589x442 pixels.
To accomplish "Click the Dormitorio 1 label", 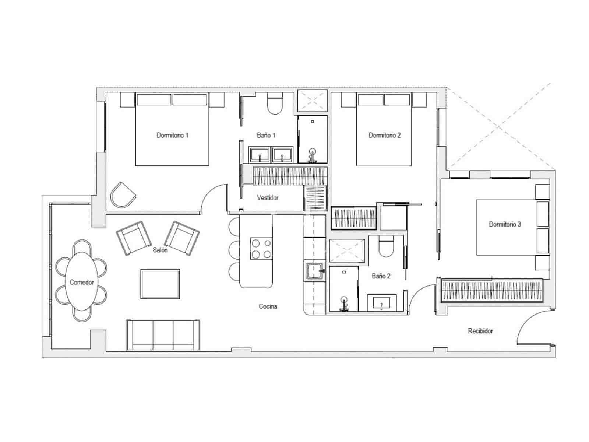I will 172,135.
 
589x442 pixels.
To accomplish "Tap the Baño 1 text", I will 266,135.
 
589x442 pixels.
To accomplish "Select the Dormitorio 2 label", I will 384,135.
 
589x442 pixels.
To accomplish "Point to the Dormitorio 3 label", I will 505,224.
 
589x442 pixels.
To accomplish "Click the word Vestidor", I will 268,198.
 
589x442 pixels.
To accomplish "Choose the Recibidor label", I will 480,331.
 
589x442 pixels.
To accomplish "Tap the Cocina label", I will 268,306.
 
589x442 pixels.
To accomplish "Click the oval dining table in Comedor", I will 82,282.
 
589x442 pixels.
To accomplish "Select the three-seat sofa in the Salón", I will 163,334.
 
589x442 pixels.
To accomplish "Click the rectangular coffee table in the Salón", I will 160,284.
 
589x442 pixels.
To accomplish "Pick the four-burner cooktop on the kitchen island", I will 261,249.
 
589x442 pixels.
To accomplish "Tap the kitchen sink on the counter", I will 314,271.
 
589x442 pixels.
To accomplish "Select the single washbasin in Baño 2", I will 382,303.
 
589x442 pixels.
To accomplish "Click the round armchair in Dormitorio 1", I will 122,194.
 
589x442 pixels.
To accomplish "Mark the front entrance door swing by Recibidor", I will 532,328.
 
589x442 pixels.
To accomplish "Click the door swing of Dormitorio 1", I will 214,199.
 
